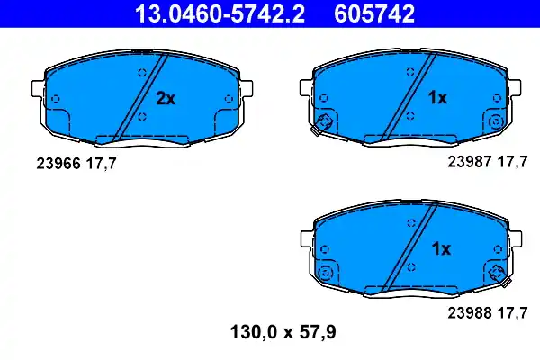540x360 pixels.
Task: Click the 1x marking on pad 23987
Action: tap(436, 98)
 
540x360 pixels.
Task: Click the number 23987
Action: tap(468, 163)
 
